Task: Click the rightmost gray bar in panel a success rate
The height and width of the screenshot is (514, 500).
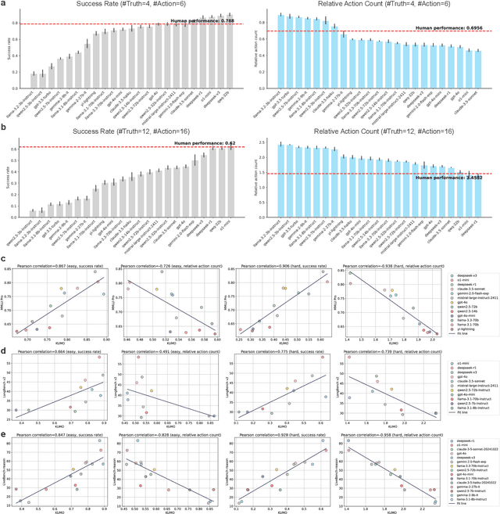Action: coord(228,52)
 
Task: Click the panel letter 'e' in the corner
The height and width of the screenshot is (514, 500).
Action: coord(3,426)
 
